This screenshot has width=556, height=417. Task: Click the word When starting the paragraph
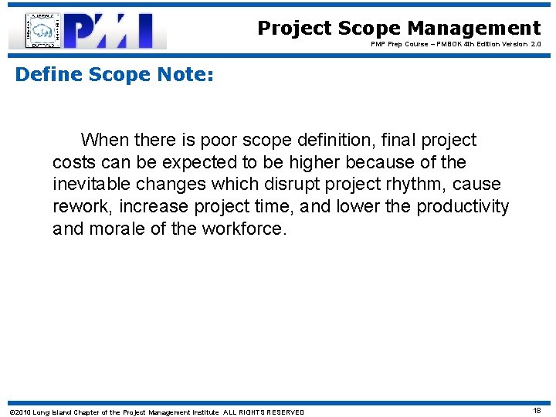click(105, 141)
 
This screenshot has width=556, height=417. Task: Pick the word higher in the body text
click(314, 163)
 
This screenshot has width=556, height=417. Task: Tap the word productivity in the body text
click(463, 208)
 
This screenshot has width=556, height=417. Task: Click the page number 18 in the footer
click(537, 412)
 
